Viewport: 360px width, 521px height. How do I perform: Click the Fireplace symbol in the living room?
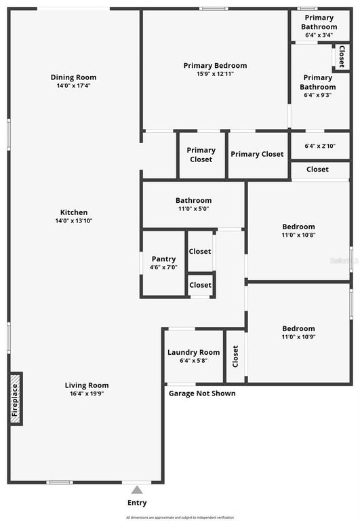(x=15, y=398)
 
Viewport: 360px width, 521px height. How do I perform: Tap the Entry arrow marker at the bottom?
(x=137, y=490)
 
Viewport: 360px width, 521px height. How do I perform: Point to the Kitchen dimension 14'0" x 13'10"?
(x=73, y=221)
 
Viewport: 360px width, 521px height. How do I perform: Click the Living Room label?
(x=86, y=385)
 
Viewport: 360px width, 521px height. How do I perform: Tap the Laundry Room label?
(x=193, y=352)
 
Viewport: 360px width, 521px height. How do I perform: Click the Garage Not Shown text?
(x=202, y=393)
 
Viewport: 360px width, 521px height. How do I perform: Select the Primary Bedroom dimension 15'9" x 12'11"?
(x=215, y=74)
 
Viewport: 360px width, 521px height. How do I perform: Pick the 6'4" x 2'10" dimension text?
(x=320, y=146)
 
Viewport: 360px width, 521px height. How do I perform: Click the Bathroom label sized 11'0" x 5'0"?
(x=193, y=200)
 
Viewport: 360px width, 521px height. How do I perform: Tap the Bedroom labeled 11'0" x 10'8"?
(x=298, y=227)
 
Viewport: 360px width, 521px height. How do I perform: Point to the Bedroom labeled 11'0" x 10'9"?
(x=298, y=328)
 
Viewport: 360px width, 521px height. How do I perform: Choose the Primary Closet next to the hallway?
(x=201, y=155)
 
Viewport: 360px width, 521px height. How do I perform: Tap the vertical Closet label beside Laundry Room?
(x=235, y=356)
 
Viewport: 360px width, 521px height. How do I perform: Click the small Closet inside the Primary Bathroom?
(x=341, y=57)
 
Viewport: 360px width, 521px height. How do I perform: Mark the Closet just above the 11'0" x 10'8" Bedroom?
(x=317, y=169)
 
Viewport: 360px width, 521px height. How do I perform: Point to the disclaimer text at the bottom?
(x=180, y=517)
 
